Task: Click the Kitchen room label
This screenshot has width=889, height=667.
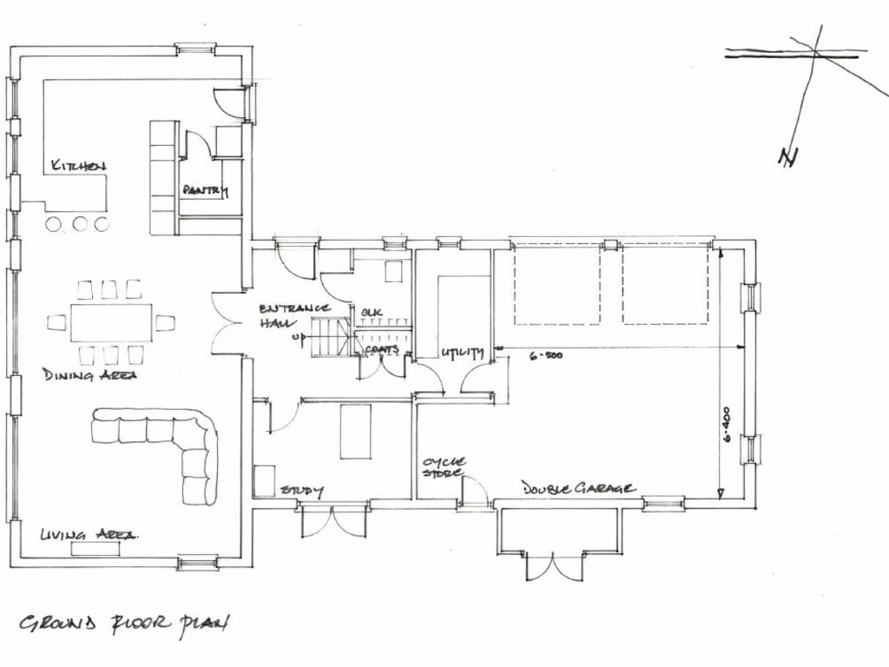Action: (78, 166)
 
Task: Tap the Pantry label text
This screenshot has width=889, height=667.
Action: (205, 190)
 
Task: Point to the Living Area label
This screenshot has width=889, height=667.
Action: (89, 535)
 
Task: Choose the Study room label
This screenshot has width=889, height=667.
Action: (301, 492)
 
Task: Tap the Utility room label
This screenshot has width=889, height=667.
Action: (461, 353)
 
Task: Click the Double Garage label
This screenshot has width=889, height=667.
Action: (578, 489)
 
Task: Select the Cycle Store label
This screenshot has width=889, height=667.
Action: (444, 467)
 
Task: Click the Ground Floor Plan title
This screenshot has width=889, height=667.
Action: (125, 624)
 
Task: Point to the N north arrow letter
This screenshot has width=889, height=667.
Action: (787, 157)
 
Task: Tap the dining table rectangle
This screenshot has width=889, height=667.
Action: (110, 321)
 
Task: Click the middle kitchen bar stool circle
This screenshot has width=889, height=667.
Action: (80, 224)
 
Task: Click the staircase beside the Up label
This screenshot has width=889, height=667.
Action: (332, 337)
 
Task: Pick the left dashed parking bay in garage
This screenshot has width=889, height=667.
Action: (556, 285)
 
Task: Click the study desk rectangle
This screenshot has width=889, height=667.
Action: (353, 432)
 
